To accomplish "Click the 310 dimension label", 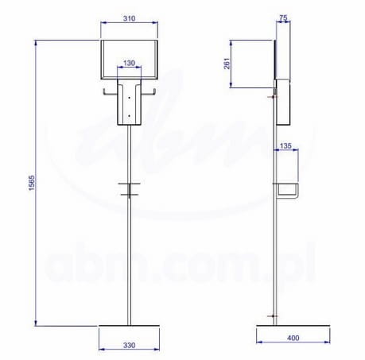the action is pos(129,18).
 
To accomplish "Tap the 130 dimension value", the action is pos(129,63).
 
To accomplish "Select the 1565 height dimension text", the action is pos(32,183).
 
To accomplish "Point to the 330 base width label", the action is pos(129,345).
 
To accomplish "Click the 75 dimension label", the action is pos(283,17).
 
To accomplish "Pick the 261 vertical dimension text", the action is pos(227,64).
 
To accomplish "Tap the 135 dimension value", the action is pos(285,146).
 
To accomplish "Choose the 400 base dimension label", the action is pos(293,338).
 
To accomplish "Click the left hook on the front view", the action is pos(111,92).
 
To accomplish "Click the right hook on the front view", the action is pos(148,92).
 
